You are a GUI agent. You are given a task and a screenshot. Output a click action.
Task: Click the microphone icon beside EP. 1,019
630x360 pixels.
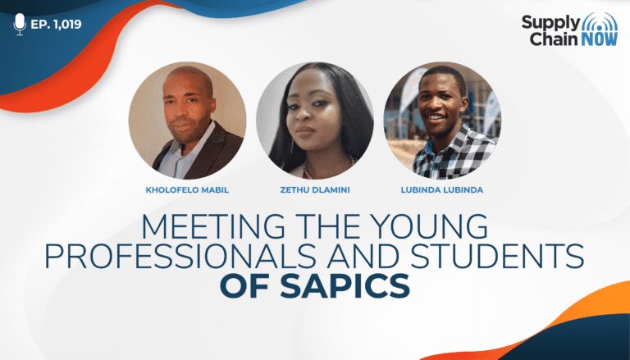20,24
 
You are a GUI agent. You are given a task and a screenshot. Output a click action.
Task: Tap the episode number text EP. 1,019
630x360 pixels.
57,24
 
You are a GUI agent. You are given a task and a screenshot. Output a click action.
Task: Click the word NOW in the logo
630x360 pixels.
599,39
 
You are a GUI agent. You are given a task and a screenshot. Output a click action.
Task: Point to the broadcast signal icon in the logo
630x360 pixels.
600,21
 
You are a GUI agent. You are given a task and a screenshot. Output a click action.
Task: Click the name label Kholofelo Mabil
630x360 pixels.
187,190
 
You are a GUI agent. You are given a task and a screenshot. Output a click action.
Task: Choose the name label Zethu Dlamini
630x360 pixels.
315,190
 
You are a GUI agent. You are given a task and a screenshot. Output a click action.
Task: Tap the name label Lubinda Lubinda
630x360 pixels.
442,190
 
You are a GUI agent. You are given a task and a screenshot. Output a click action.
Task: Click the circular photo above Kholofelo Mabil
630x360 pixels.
187,121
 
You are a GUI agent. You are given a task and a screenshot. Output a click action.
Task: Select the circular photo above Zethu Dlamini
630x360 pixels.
315,121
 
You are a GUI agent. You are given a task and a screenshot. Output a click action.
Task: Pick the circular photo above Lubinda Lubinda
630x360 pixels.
442,121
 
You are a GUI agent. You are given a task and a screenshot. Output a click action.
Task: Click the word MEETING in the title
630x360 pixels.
209,227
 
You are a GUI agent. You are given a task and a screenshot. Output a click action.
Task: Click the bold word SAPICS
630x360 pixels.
345,285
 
